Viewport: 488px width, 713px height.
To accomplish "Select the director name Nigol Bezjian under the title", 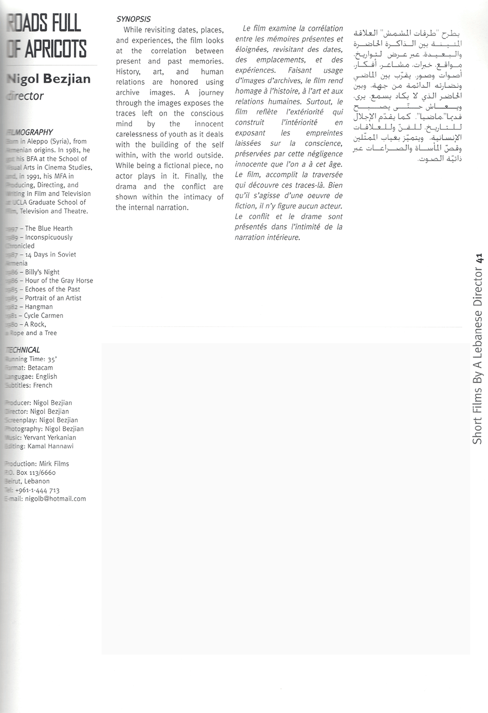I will tap(48, 79).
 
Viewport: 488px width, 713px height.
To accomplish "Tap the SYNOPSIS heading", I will tap(133, 19).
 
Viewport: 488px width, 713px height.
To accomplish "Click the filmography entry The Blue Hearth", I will tap(49, 229).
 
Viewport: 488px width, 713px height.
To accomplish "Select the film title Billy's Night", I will tap(42, 272).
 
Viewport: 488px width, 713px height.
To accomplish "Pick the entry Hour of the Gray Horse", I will tap(59, 280).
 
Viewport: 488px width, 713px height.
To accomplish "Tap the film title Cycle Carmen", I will tap(44, 315).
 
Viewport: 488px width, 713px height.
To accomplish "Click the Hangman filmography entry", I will tap(39, 307).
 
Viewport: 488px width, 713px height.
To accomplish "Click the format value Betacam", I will tap(40, 368).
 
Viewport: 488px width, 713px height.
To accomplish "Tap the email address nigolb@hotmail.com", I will tap(55, 499).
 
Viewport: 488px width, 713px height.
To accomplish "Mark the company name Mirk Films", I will tap(54, 464).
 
